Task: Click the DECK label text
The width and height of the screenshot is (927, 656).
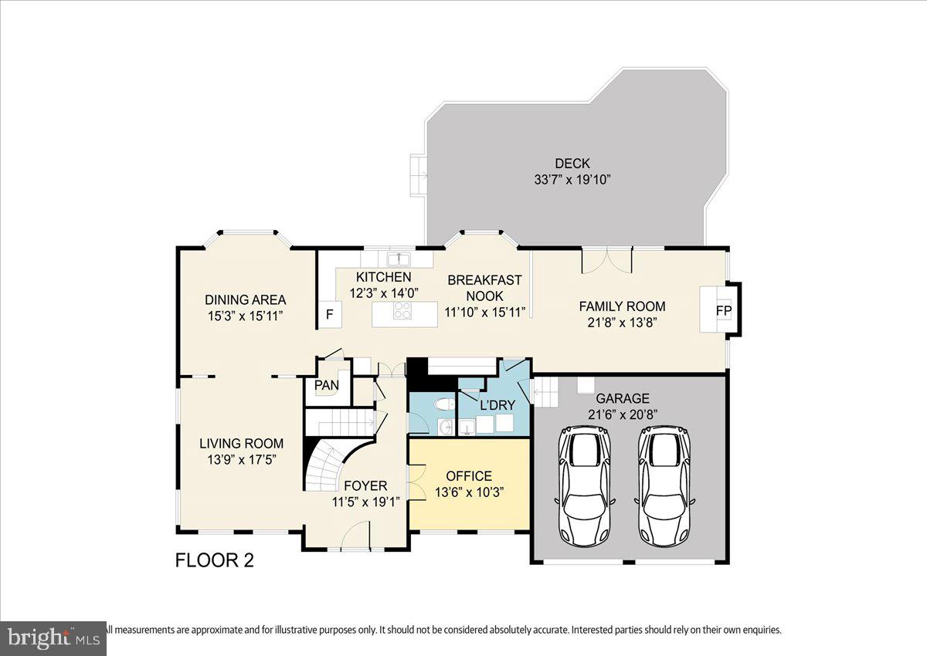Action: [572, 164]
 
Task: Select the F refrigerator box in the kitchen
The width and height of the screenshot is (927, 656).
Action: [330, 314]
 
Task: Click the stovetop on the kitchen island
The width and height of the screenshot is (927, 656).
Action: [402, 311]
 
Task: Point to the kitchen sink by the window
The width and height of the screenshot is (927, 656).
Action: [399, 259]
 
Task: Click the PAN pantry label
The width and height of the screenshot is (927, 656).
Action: [326, 385]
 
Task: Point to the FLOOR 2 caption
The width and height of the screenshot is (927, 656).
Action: [215, 560]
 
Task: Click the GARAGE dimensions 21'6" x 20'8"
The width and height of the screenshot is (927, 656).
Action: [622, 414]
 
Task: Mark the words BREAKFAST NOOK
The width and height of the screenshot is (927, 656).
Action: [484, 288]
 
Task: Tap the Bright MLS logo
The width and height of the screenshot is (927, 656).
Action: [53, 638]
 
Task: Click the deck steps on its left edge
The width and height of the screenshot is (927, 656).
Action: [418, 175]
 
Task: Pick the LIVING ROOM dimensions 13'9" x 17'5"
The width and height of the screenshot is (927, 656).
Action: [241, 459]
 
